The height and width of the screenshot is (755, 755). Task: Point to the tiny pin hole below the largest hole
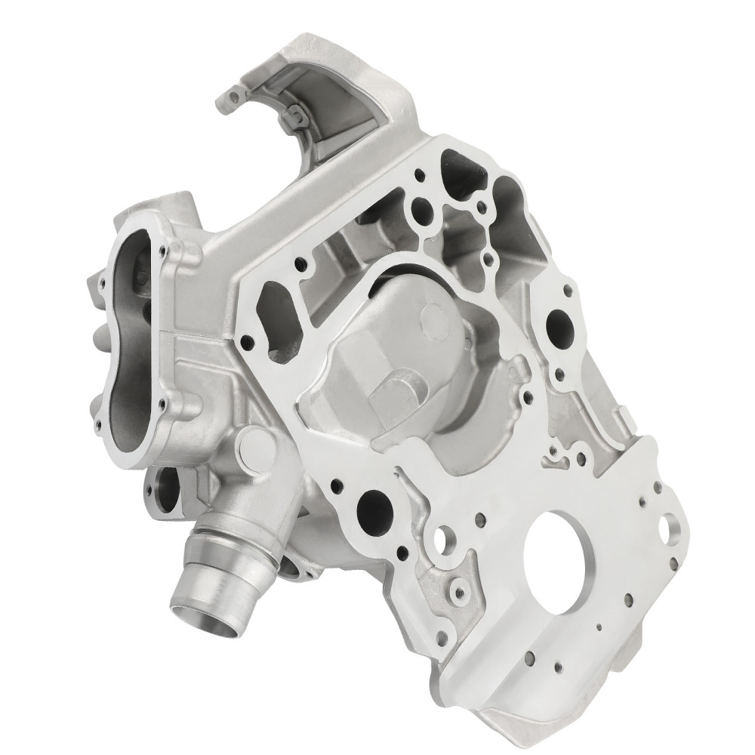[598, 627]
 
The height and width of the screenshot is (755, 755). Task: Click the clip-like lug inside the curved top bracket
[295, 116]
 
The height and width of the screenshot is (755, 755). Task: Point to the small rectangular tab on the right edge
[625, 414]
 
